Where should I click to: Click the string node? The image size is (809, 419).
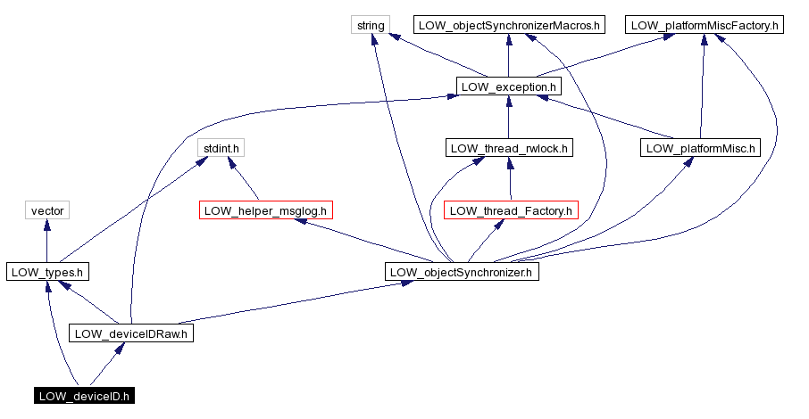371,25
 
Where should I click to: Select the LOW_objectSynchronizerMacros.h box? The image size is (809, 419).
507,25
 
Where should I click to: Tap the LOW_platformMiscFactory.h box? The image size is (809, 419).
705,25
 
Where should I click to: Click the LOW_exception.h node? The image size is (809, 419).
508,86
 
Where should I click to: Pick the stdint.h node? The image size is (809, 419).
220,148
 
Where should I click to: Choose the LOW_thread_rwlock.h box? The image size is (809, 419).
508,148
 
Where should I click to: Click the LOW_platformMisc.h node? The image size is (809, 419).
700,148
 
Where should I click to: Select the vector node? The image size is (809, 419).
46,210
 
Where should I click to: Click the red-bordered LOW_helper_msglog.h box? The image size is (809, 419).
267,210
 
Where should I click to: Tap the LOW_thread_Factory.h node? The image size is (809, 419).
511,210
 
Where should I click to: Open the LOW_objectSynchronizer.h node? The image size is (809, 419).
463,272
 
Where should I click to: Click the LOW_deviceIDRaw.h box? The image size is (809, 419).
132,333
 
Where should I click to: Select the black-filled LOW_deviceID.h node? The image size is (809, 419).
85,396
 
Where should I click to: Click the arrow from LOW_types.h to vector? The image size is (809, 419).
46,241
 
